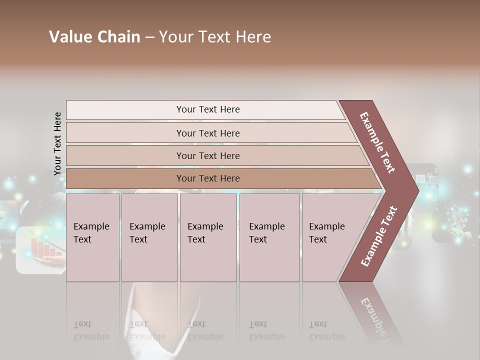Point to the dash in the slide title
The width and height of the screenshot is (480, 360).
point(149,37)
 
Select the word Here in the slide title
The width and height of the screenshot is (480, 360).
point(253,37)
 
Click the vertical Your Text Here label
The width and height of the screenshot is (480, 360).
point(57,143)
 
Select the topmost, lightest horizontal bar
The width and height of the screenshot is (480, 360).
point(207,109)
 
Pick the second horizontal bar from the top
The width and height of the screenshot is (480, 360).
point(207,133)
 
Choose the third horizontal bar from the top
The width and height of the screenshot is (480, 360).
point(207,155)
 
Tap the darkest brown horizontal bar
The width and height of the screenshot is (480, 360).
point(207,178)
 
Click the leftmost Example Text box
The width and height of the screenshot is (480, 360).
point(92,237)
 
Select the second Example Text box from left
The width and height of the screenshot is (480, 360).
point(149,237)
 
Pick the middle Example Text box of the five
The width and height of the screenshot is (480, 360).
point(208,237)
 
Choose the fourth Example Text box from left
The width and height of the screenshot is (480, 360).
point(269,237)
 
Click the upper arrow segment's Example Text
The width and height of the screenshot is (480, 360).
point(378,142)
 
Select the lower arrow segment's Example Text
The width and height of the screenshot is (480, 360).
point(379,236)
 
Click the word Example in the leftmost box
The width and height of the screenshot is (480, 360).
point(91,226)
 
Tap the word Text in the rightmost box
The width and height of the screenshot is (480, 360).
point(318,239)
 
